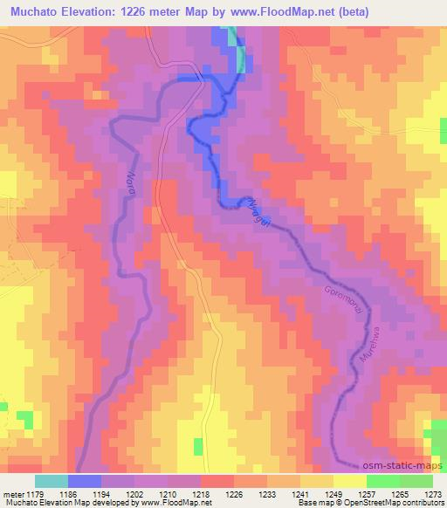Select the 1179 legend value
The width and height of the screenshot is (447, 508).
pos(33,492)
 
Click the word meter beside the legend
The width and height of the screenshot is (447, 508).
pos(11,492)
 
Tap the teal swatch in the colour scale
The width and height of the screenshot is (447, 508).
pos(51,481)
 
